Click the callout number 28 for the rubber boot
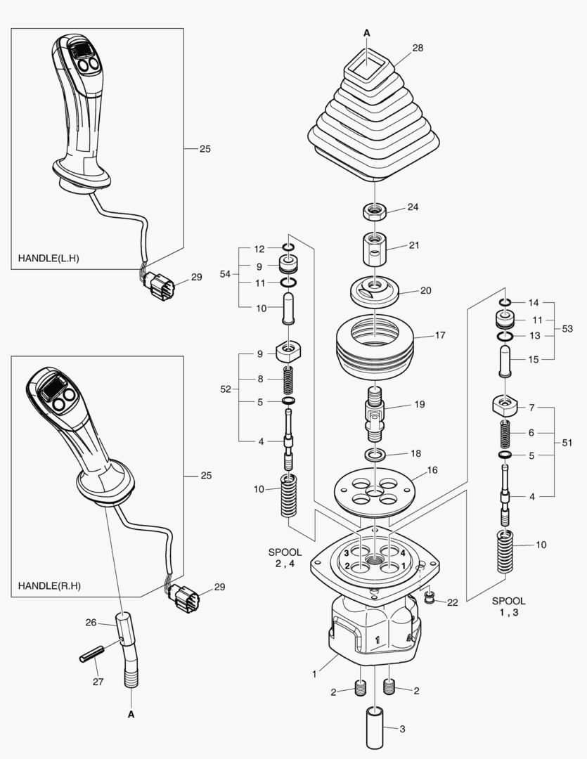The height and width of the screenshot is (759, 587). click(418, 48)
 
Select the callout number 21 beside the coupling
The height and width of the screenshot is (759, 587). click(414, 245)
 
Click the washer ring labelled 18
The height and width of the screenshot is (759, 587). click(374, 455)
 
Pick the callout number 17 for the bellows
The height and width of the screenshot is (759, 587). click(440, 335)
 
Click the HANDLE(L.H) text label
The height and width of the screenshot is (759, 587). click(49, 258)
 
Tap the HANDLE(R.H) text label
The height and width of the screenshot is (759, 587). click(49, 585)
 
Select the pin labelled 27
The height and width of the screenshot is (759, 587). click(89, 652)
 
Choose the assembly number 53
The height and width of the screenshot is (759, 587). click(567, 328)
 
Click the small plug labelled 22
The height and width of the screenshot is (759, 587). click(428, 597)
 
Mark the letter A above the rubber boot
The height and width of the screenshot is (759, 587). click(366, 33)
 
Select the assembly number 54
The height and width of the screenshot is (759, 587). click(225, 273)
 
